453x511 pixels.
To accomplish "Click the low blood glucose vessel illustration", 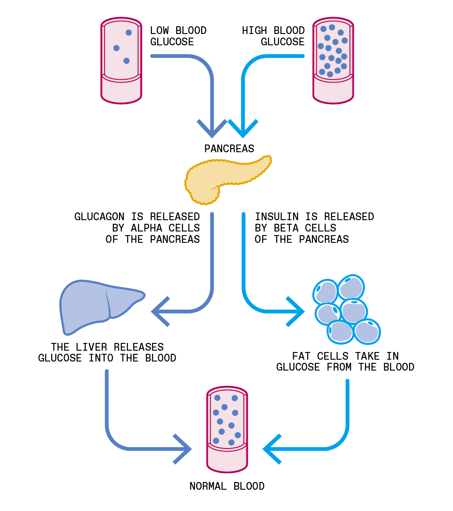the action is [121, 61].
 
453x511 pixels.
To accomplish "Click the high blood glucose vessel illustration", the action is [333, 61].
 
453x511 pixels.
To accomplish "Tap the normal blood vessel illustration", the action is [227, 429].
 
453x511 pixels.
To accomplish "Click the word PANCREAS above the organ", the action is [229, 149].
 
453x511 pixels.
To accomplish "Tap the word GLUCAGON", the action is [99, 217].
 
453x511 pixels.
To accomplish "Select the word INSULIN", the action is [277, 217].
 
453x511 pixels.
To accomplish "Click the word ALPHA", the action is [146, 228].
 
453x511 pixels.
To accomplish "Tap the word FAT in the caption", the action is [301, 356].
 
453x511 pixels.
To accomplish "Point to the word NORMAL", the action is [208, 486].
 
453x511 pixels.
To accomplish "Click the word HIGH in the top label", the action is [254, 31].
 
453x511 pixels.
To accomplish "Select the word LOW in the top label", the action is [159, 31].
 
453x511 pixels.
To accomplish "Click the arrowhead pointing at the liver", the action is [160, 312].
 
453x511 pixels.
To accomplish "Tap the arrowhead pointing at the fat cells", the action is [295, 312].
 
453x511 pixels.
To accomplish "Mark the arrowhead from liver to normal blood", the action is [183, 449].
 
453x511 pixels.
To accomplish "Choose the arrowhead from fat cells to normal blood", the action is [272, 449].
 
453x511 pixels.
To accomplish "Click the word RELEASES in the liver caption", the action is [139, 347].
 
